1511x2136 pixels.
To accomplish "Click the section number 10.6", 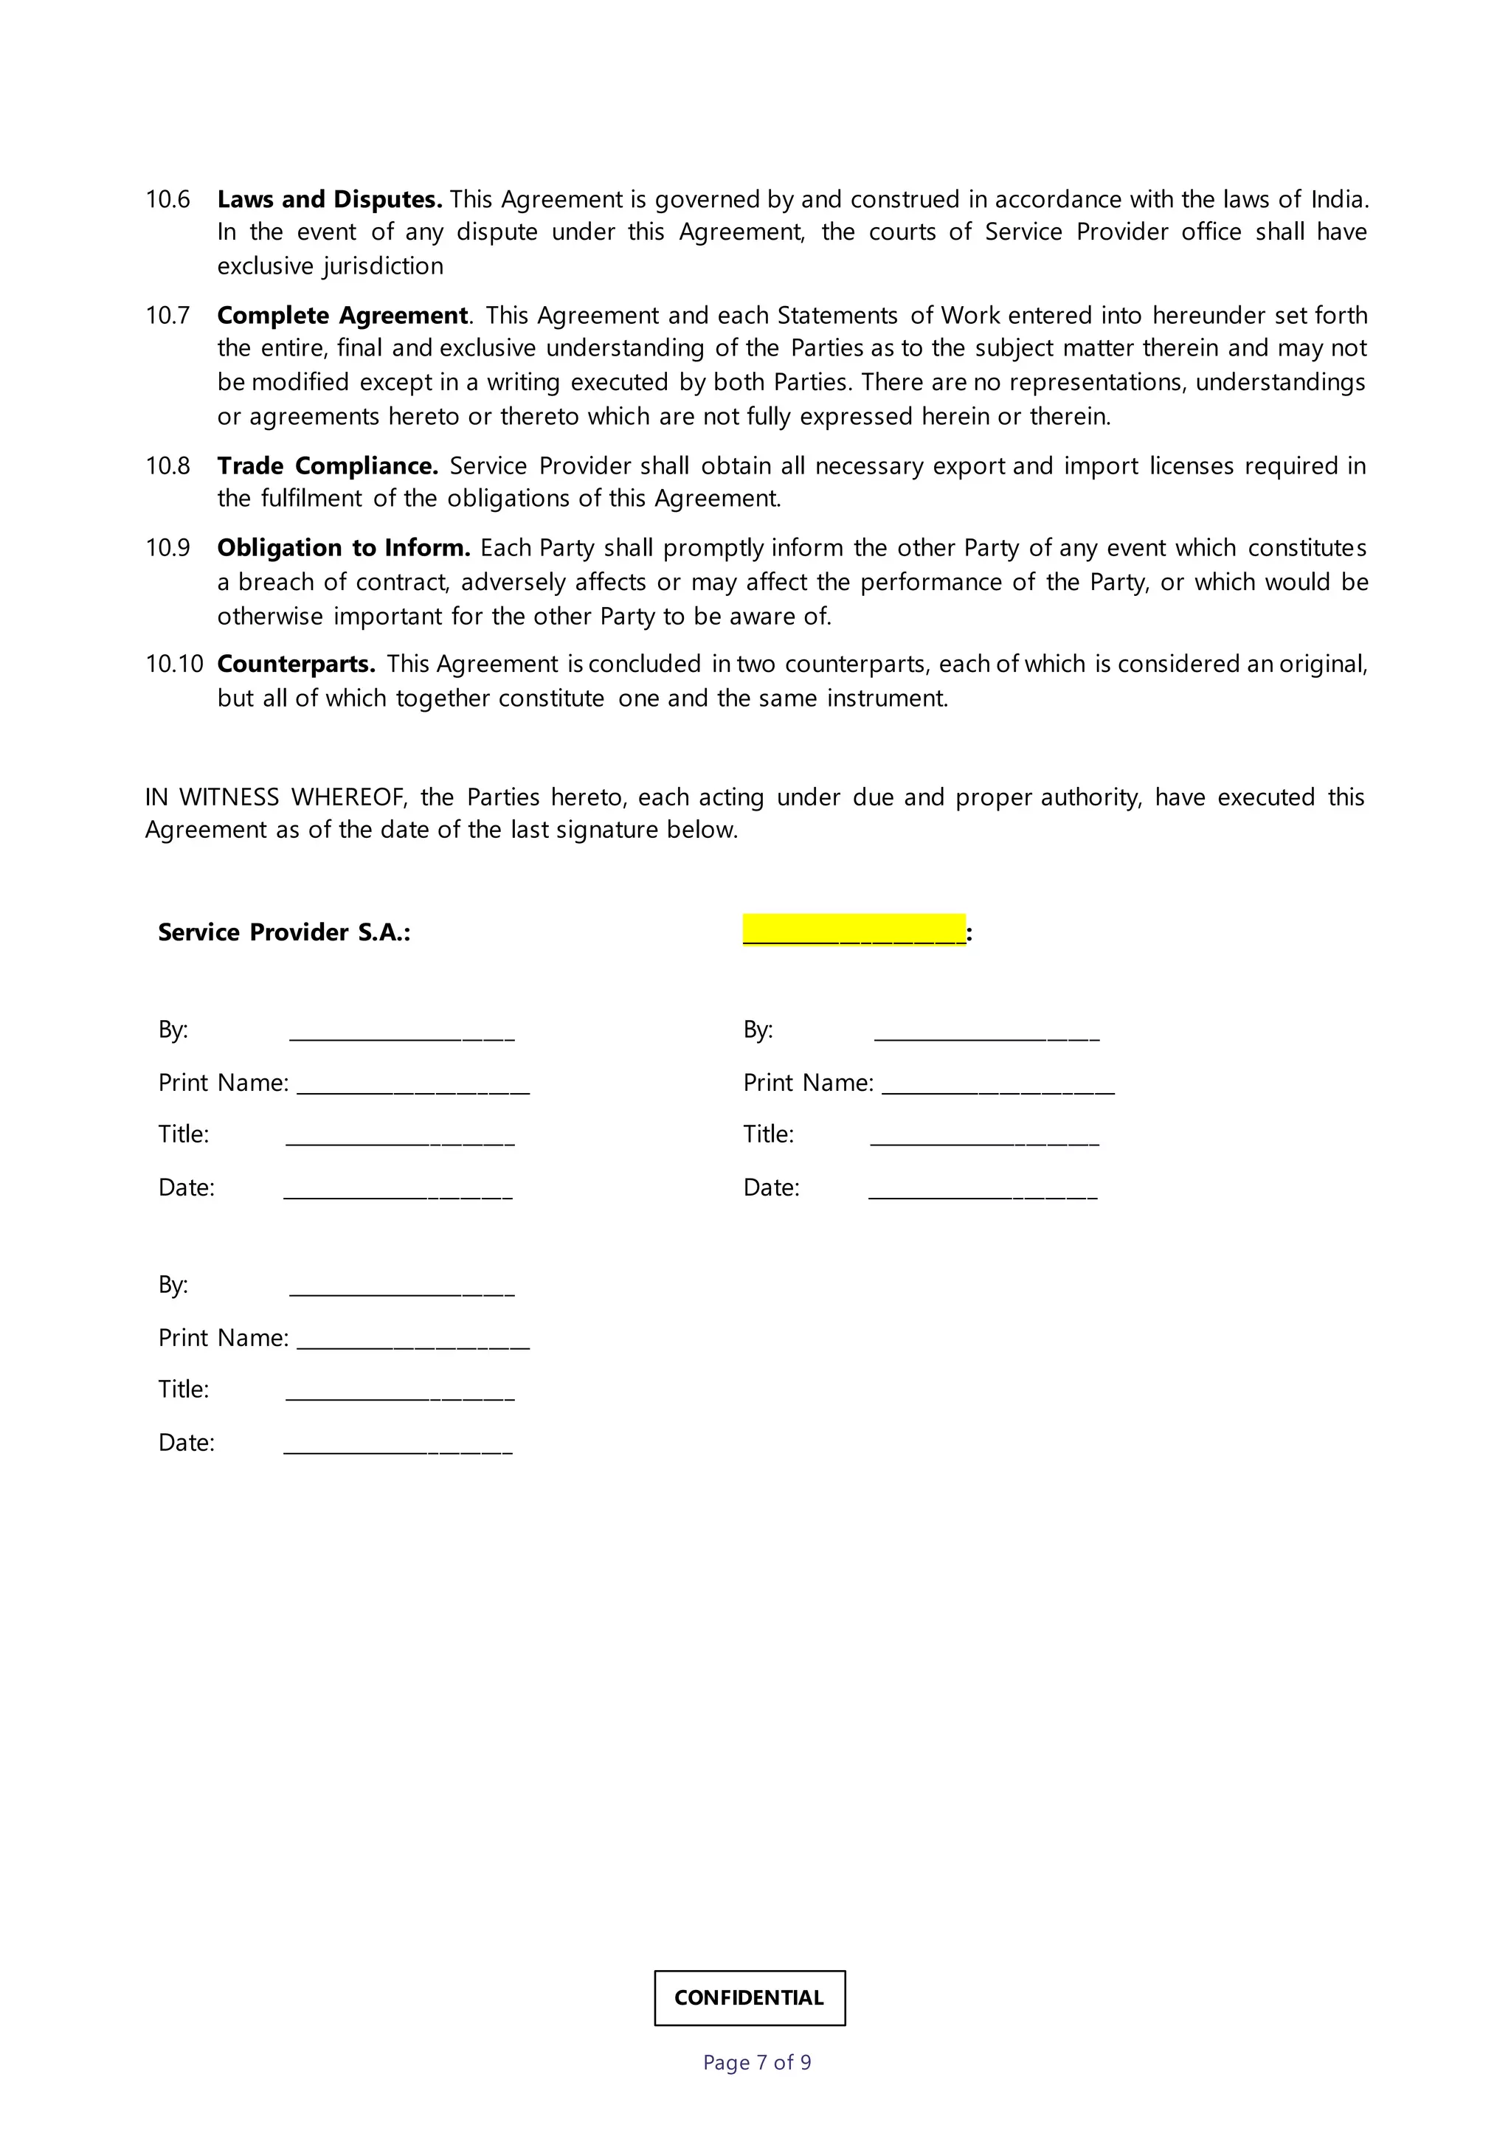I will pyautogui.click(x=167, y=199).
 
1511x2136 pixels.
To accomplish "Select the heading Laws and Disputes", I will pyautogui.click(x=329, y=199).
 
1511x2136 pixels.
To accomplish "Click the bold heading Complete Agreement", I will pyautogui.click(x=342, y=316).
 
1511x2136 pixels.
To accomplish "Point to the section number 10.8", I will pyautogui.click(x=167, y=465).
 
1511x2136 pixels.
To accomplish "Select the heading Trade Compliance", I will pyautogui.click(x=327, y=465).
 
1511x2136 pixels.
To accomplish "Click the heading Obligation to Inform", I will pyautogui.click(x=343, y=547).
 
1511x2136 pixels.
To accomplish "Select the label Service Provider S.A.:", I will pyautogui.click(x=284, y=932).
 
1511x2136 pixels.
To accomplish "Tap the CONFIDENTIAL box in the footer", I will pyautogui.click(x=749, y=1997).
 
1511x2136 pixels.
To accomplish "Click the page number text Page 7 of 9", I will pyautogui.click(x=756, y=2062).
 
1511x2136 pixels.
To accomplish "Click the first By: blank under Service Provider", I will pyautogui.click(x=401, y=1033).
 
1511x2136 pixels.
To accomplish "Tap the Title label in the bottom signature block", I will pyautogui.click(x=183, y=1389).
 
